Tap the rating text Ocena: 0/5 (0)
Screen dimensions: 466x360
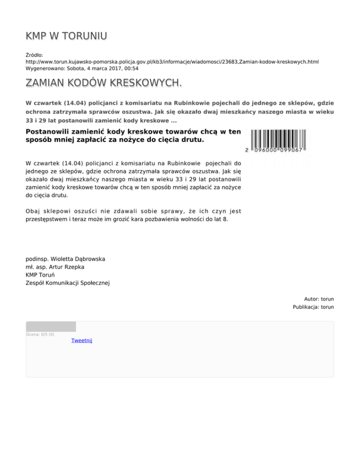[x=40, y=334]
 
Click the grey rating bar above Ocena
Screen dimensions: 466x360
[x=51, y=326]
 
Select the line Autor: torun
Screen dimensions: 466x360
[x=319, y=299]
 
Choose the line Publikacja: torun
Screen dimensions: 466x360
[x=314, y=308]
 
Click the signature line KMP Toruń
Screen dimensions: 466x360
[x=41, y=275]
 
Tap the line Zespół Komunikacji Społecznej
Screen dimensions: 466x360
[x=67, y=283]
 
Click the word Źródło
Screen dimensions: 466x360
[x=34, y=55]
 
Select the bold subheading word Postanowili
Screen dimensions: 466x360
[x=52, y=132]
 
